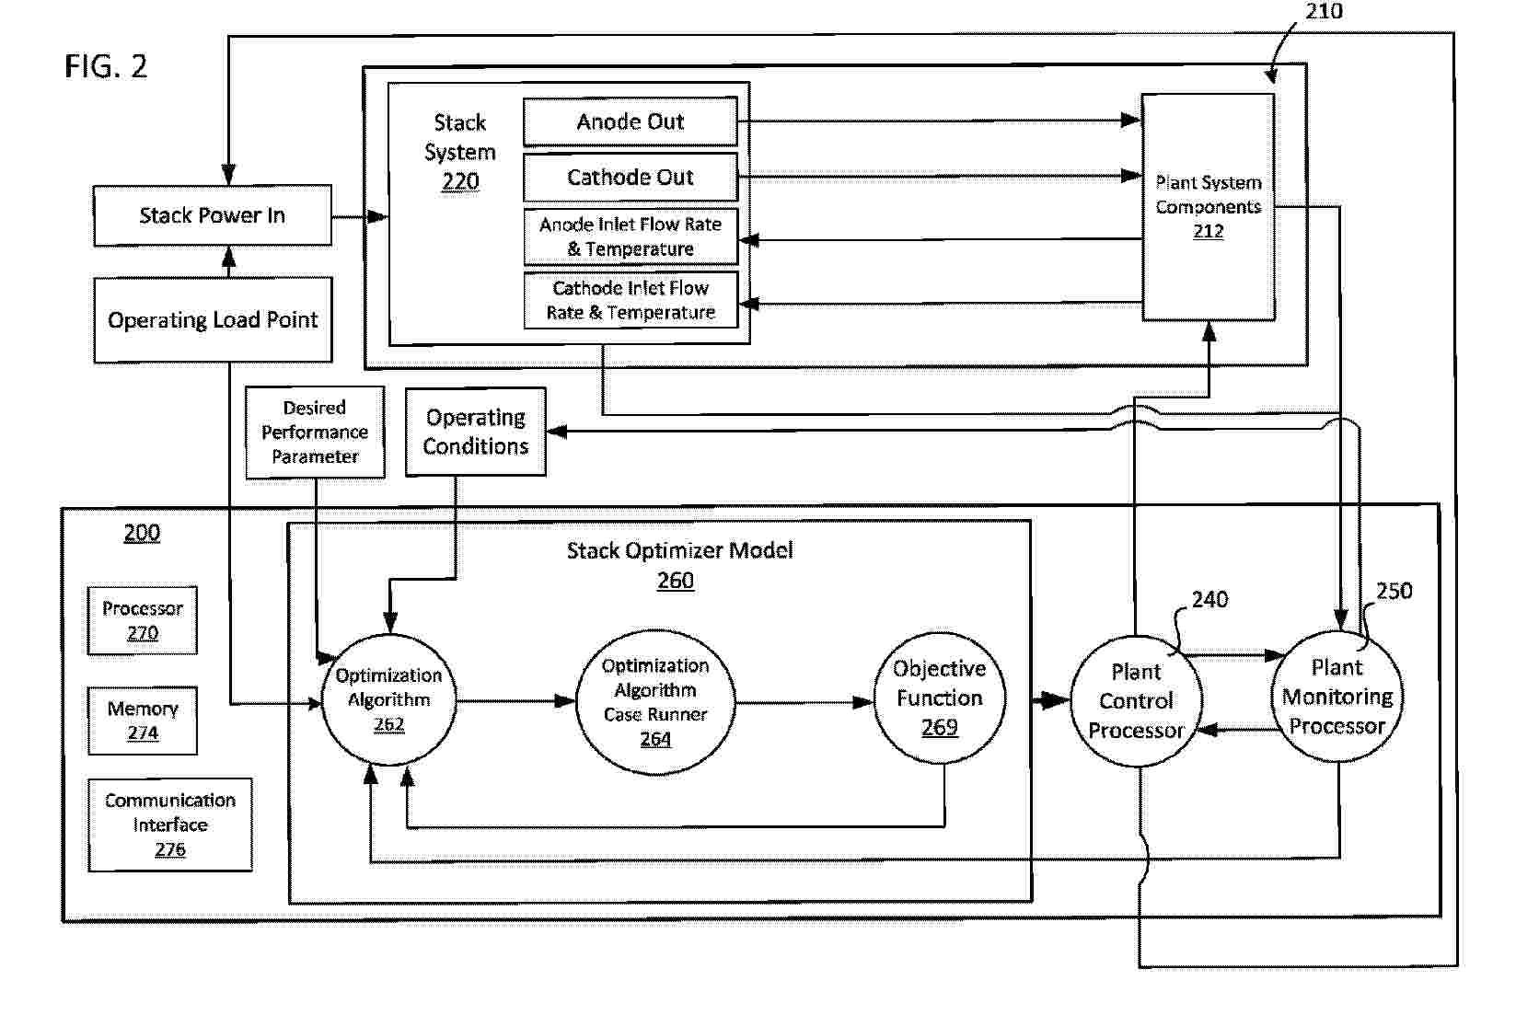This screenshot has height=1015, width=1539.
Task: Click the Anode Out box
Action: point(631,121)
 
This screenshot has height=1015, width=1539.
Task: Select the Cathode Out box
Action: point(631,177)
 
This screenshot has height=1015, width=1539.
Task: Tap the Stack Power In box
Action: point(213,215)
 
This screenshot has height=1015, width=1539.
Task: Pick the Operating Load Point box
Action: point(213,319)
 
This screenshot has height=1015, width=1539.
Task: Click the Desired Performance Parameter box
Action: point(315,432)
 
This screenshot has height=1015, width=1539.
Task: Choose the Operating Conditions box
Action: point(476,432)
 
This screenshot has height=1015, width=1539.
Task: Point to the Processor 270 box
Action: point(143,620)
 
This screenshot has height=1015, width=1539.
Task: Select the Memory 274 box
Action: point(143,721)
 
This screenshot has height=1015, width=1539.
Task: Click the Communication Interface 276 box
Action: point(170,825)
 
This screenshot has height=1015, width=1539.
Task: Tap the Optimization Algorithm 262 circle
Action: point(388,699)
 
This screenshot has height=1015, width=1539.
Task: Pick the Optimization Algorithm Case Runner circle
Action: point(655,701)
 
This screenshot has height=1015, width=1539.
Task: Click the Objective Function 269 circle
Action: point(939,698)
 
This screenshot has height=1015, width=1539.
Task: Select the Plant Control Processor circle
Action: point(1137,700)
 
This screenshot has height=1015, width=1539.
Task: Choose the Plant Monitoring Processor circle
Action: point(1337,697)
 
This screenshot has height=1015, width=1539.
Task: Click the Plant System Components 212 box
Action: point(1209,207)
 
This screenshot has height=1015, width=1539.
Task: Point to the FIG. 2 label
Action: point(106,66)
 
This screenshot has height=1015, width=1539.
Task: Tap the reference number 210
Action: point(1324,11)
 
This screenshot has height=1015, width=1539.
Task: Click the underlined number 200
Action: point(142,533)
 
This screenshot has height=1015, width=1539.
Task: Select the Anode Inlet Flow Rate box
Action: point(631,236)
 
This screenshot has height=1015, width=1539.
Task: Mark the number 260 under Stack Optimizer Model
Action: point(676,581)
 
